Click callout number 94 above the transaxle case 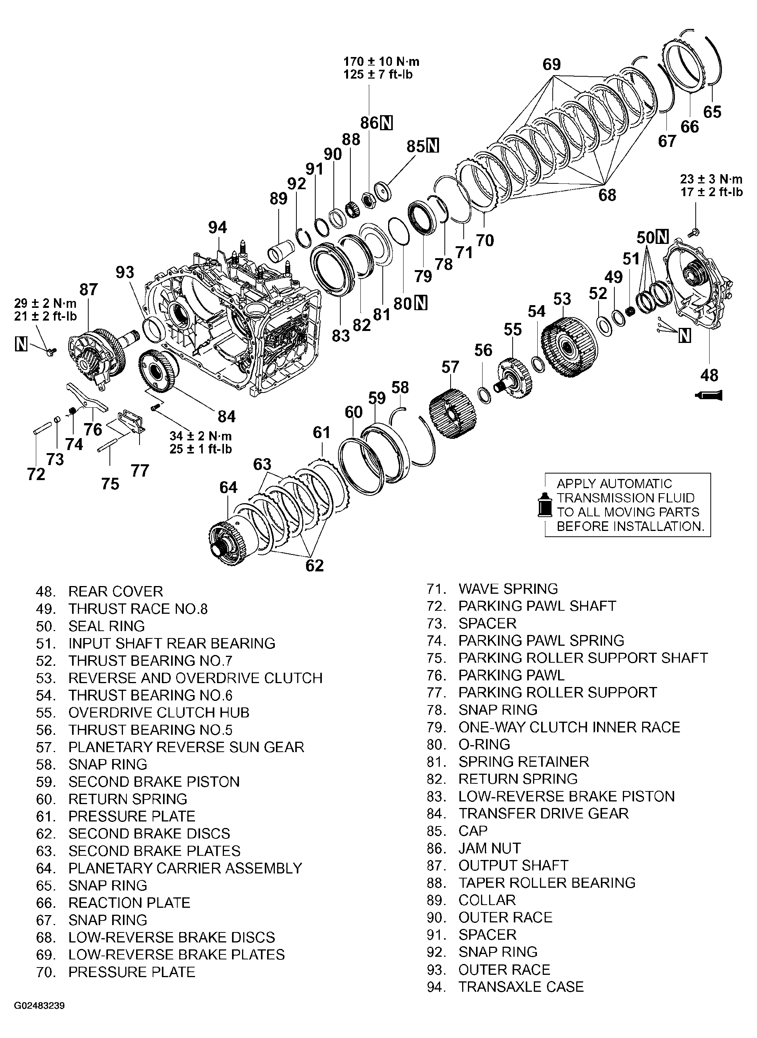[x=217, y=227]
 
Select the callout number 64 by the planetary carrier [x=228, y=487]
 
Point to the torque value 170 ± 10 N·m [x=381, y=61]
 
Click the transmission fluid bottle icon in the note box [x=544, y=505]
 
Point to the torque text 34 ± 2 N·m [x=201, y=436]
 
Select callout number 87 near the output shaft [x=88, y=289]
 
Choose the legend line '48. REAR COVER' [x=99, y=591]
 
